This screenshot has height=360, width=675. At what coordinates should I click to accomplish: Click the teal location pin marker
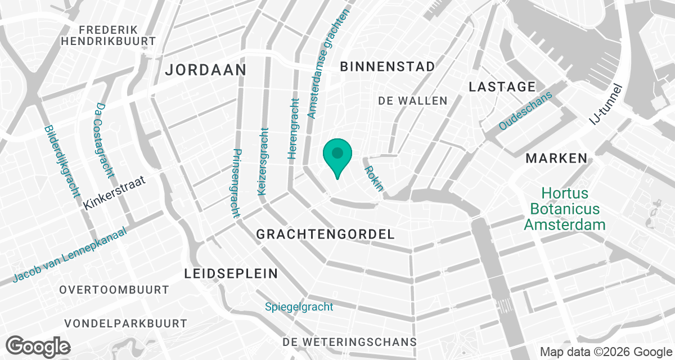click(337, 155)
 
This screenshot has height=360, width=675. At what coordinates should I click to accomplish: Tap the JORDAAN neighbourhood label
click(206, 70)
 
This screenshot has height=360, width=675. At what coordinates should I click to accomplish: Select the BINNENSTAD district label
click(388, 66)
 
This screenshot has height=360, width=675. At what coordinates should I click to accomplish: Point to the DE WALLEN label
click(413, 101)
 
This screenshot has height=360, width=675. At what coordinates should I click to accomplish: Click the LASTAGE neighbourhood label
click(502, 87)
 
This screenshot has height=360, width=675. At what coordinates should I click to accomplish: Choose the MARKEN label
click(556, 159)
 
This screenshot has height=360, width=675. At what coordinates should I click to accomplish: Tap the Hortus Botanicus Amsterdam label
click(565, 209)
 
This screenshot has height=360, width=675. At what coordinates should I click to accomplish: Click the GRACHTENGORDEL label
click(326, 235)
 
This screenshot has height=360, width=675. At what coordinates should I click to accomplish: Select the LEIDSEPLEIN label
click(231, 274)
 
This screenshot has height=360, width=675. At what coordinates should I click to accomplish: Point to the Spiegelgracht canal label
click(299, 307)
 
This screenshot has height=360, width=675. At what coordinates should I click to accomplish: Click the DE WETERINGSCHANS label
click(350, 342)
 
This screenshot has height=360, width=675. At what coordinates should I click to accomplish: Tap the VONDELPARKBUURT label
click(125, 324)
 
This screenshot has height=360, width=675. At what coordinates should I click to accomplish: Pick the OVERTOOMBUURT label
click(114, 290)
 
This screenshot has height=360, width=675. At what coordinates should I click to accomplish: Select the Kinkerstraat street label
click(114, 192)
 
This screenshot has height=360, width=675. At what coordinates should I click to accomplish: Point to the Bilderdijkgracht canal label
click(61, 161)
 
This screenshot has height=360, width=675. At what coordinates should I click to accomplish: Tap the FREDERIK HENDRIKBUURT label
click(109, 35)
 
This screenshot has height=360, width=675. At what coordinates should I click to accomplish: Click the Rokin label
click(373, 178)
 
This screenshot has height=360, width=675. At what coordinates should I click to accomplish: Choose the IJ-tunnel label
click(606, 105)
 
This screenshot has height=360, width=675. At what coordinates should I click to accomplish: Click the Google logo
click(38, 345)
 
